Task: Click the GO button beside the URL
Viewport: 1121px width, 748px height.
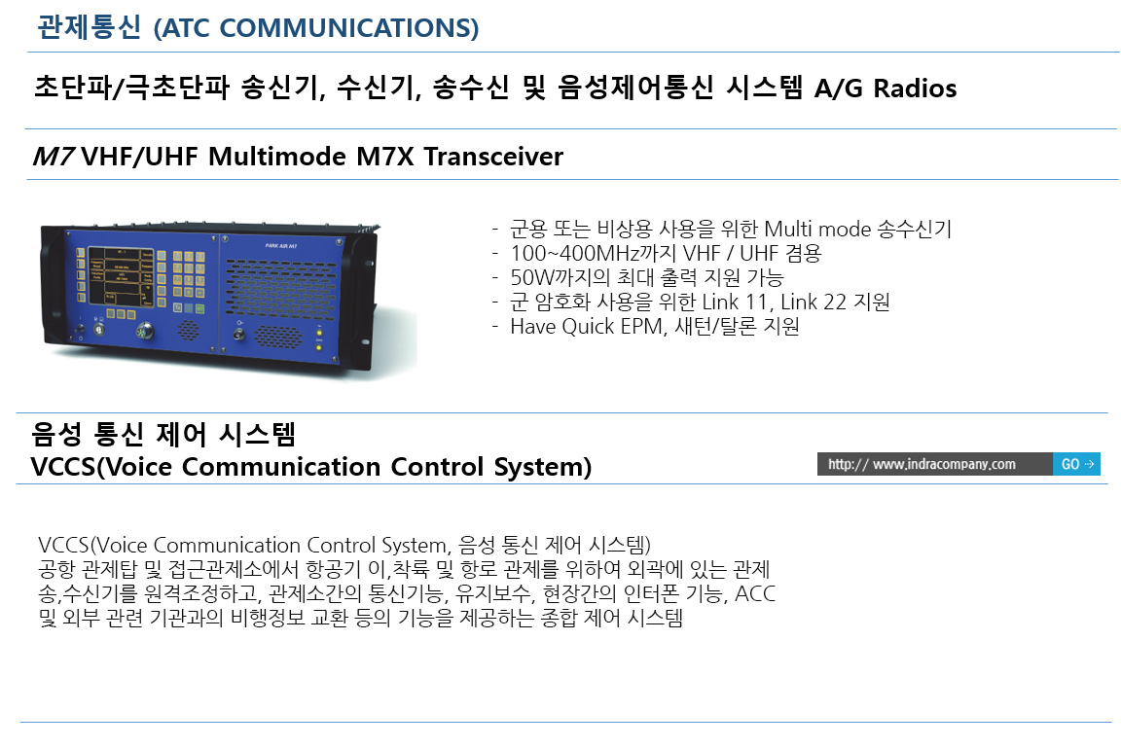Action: (x=1076, y=464)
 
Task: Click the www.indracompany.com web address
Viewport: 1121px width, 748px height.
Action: (x=944, y=464)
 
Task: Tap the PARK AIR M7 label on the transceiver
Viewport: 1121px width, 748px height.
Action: (x=281, y=246)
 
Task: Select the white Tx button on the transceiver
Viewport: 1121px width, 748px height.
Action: (x=177, y=308)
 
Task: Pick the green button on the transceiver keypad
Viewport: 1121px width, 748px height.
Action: (x=200, y=309)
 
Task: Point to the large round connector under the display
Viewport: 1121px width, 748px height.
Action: (x=144, y=331)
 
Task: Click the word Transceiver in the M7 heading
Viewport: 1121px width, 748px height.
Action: (x=493, y=157)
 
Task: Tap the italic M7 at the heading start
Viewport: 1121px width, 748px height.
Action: (x=54, y=157)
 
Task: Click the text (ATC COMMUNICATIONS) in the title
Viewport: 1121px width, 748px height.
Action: (x=316, y=28)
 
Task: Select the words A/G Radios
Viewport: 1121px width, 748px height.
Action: (x=886, y=88)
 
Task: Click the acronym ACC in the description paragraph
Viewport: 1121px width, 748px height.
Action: (x=755, y=593)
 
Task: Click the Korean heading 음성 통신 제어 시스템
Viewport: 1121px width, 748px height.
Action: (x=163, y=434)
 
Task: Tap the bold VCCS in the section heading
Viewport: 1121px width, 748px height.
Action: (x=63, y=467)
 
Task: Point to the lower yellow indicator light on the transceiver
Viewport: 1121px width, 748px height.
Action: (x=319, y=348)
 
